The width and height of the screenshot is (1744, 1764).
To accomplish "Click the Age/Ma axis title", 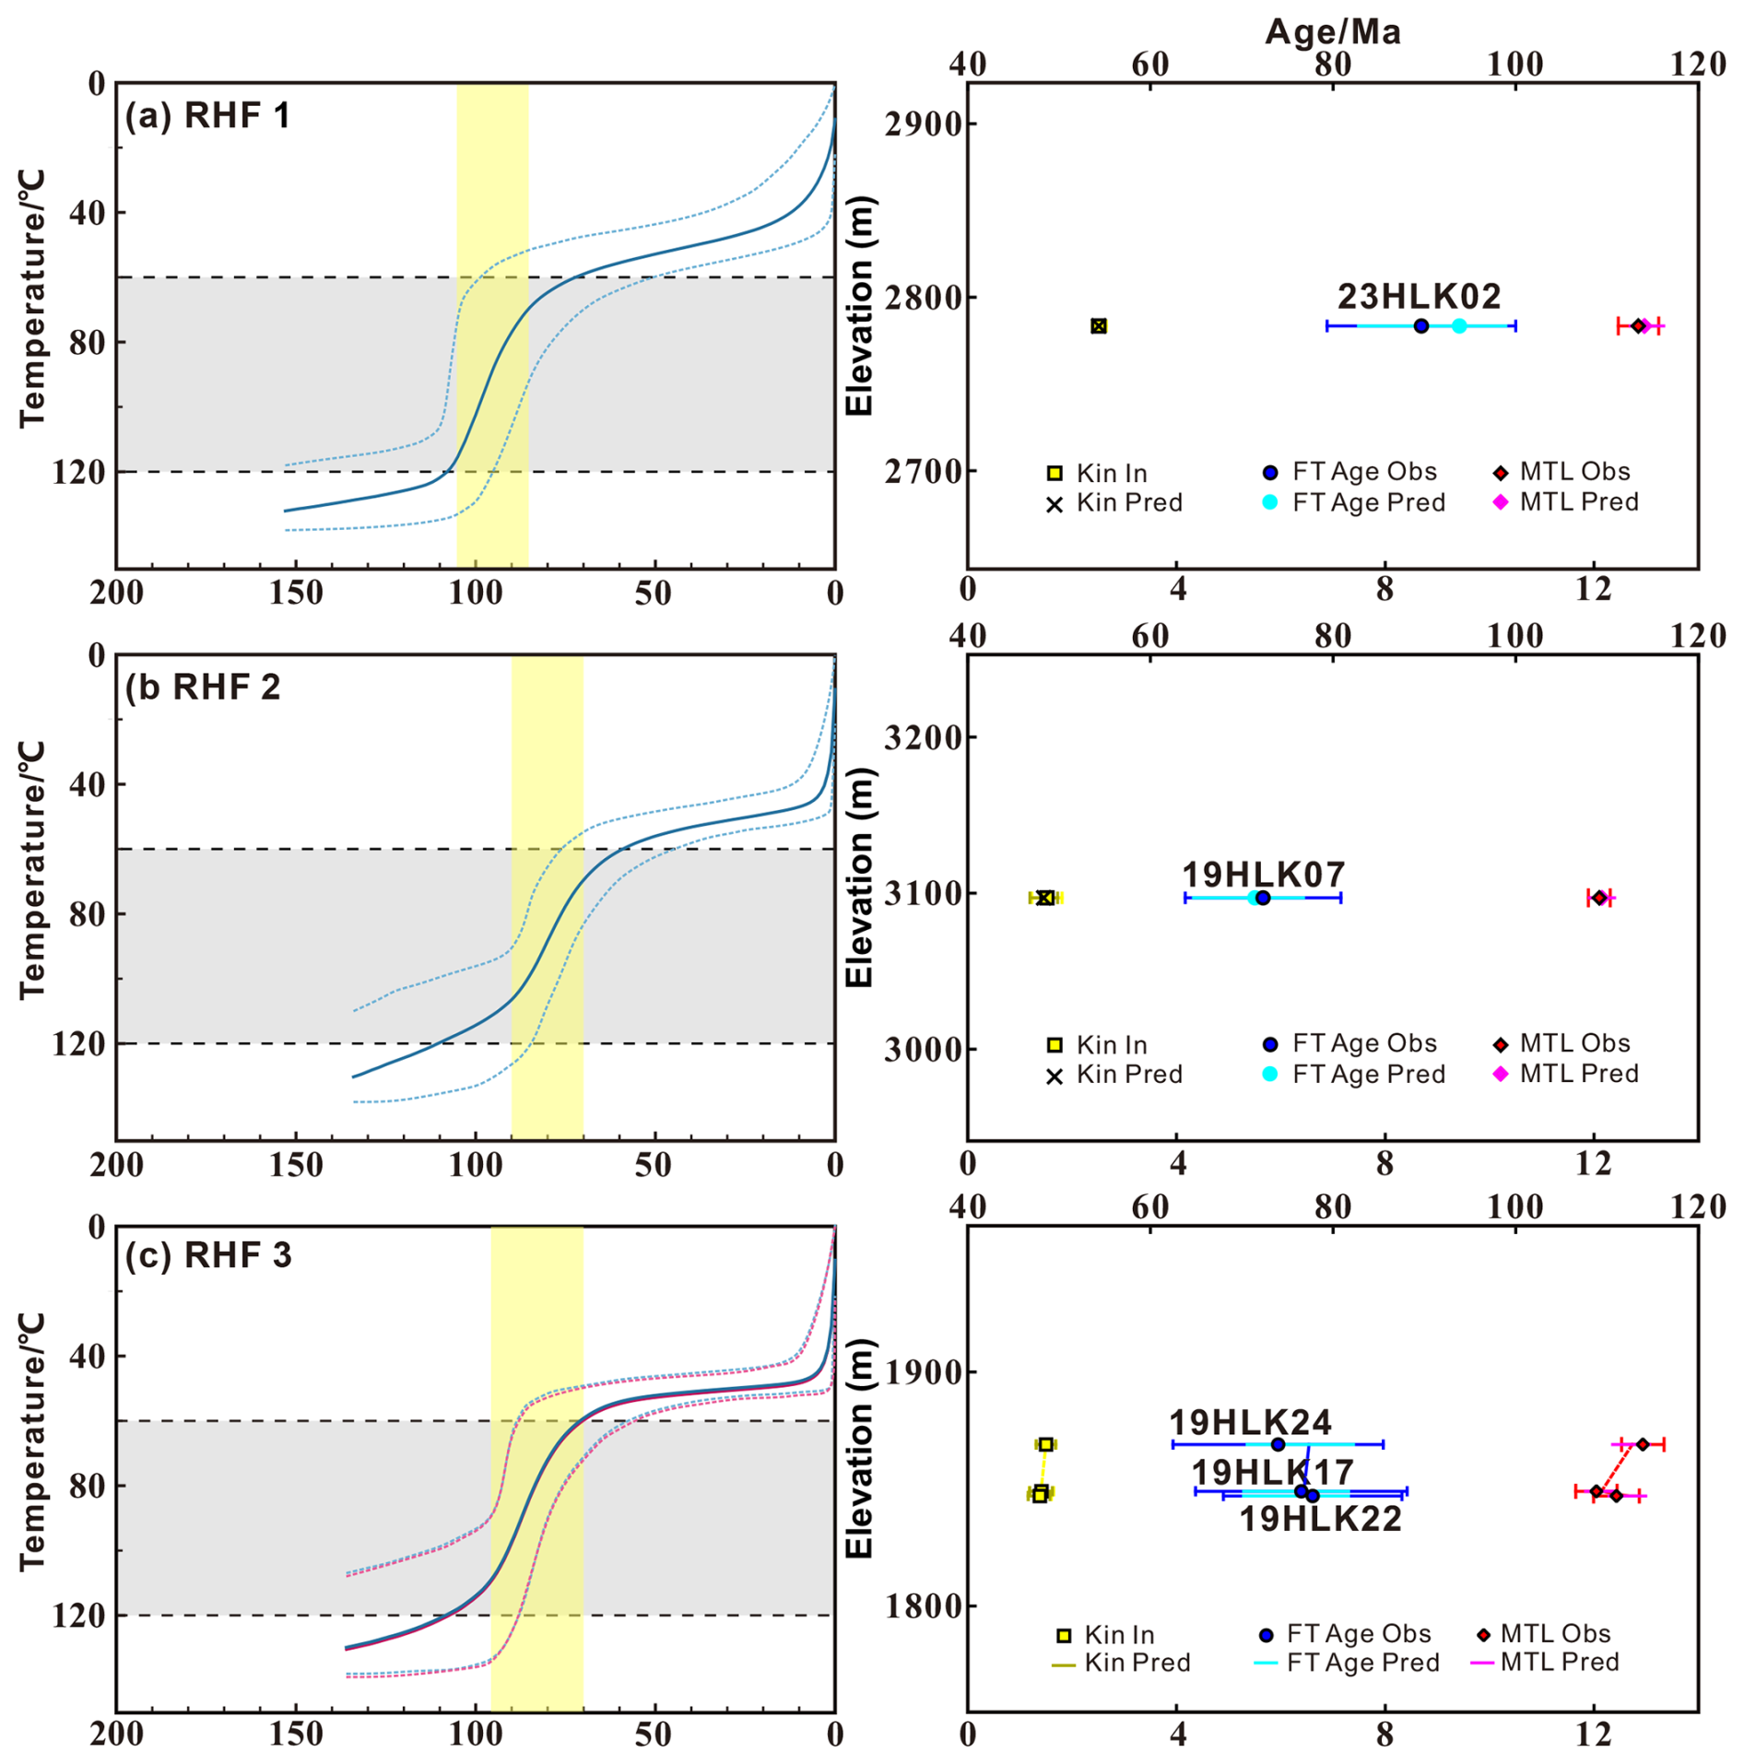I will point(1332,32).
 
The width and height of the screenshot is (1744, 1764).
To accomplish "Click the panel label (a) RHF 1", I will point(207,116).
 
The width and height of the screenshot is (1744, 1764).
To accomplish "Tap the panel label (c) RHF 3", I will point(208,1255).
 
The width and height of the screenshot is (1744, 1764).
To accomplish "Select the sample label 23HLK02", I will point(1420,297).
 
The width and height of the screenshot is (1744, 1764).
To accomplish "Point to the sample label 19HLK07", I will point(1264,874).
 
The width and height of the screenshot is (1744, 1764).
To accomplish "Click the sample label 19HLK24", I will point(1250,1422).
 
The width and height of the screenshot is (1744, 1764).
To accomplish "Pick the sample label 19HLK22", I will point(1321,1519).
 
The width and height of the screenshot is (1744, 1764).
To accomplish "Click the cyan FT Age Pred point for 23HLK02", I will point(1459,325).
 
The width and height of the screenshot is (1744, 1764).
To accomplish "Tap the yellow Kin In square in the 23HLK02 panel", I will point(1099,325).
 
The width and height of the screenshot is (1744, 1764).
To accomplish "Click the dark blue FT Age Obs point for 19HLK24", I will point(1278,1444).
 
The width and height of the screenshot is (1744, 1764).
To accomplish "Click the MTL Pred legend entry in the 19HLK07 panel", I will point(1578,1074).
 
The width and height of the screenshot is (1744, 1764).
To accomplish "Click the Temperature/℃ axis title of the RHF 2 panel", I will point(31,870).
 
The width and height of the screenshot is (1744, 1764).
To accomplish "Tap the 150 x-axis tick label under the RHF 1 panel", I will point(296,594).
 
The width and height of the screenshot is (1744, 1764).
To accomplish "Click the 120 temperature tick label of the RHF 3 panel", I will point(79,1616).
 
